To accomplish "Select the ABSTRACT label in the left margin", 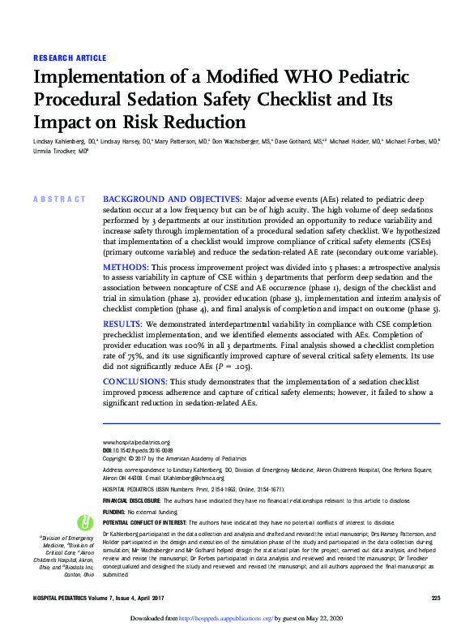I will (x=58, y=200).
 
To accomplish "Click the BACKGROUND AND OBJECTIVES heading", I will (x=172, y=200).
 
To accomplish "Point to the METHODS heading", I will (x=126, y=267).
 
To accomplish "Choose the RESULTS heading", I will (x=124, y=324).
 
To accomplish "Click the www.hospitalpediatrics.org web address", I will (x=137, y=442).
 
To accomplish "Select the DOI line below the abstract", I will (x=138, y=450).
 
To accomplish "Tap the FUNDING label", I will (x=114, y=513).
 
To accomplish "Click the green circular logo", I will (x=85, y=524).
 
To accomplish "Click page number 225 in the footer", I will (x=435, y=598).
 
